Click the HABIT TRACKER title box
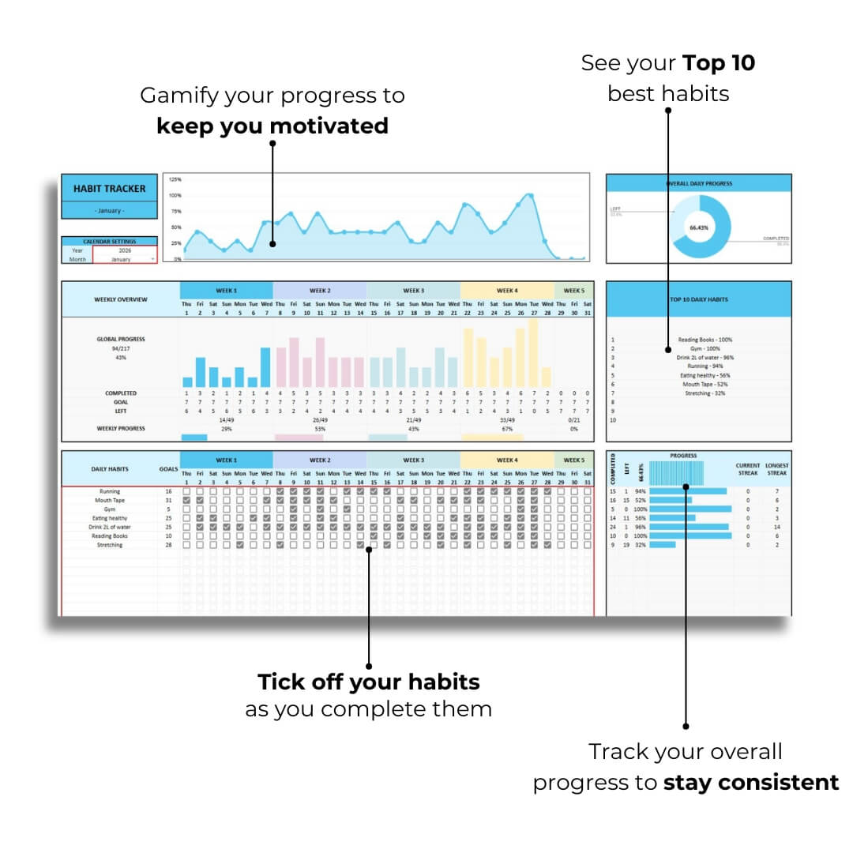click(x=109, y=189)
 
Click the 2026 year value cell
click(x=125, y=250)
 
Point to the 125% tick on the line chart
click(x=175, y=179)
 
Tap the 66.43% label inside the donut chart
click(x=698, y=227)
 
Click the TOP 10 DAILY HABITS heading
click(x=698, y=299)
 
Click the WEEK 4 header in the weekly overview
click(x=506, y=291)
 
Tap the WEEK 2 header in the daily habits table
click(x=319, y=460)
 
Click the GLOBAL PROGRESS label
click(x=121, y=340)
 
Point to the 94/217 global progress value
click(x=121, y=348)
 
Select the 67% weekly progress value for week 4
click(x=506, y=429)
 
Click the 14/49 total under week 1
click(x=226, y=420)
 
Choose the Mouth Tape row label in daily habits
click(x=110, y=500)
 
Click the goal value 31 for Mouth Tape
click(x=168, y=500)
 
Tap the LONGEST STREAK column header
click(x=776, y=469)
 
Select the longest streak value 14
click(x=776, y=527)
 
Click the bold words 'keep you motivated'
click(x=272, y=126)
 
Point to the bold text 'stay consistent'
click(x=751, y=783)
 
